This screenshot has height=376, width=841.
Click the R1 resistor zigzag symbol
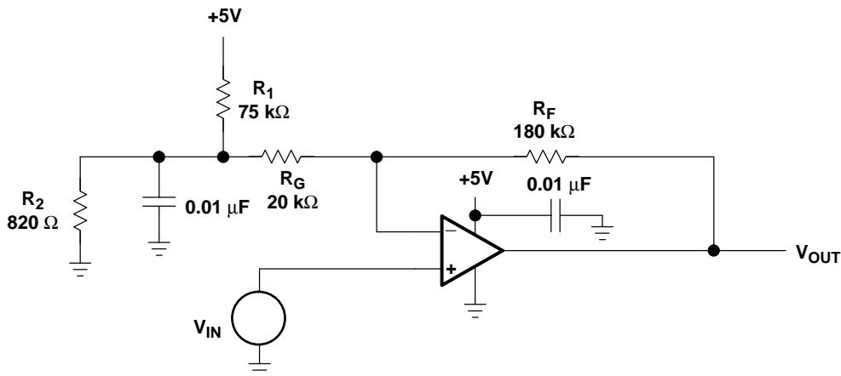pyautogui.click(x=223, y=99)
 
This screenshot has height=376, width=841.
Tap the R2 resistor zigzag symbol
pyautogui.click(x=79, y=212)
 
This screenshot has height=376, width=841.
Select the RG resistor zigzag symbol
pyautogui.click(x=280, y=157)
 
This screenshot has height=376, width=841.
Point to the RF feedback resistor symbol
pyautogui.click(x=545, y=157)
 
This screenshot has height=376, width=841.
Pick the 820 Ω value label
pyautogui.click(x=32, y=222)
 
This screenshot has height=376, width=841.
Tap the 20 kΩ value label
pyautogui.click(x=292, y=202)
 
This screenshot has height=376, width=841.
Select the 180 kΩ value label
pyautogui.click(x=544, y=131)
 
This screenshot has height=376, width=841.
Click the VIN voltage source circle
pyautogui.click(x=259, y=317)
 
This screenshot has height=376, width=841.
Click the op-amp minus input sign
pyautogui.click(x=451, y=230)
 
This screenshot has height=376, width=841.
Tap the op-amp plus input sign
pyautogui.click(x=451, y=269)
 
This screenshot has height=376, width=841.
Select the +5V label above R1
pyautogui.click(x=225, y=16)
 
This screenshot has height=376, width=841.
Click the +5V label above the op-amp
pyautogui.click(x=475, y=179)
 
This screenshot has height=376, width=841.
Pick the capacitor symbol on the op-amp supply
pyautogui.click(x=555, y=215)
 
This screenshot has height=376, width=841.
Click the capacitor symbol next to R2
pyautogui.click(x=158, y=202)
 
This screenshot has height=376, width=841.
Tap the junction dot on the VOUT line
pyautogui.click(x=713, y=250)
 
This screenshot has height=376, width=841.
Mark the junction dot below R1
pyautogui.click(x=223, y=157)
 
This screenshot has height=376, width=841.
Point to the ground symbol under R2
pyautogui.click(x=79, y=269)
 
